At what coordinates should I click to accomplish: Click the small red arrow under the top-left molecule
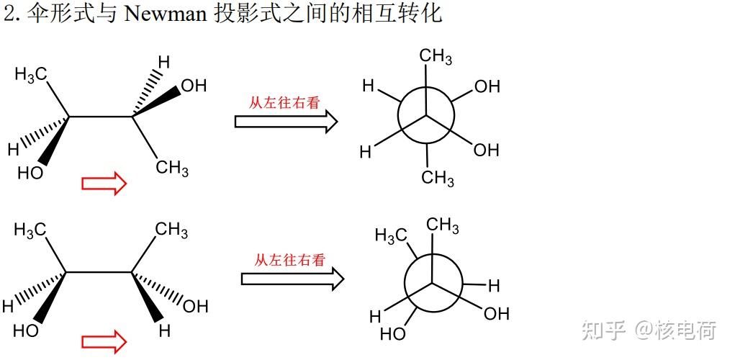[x=104, y=184]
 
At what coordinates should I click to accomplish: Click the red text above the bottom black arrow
[x=289, y=260]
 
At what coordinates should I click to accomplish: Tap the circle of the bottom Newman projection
[x=433, y=284]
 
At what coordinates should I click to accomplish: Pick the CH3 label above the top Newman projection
[x=436, y=57]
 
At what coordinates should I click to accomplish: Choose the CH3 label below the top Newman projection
[x=438, y=177]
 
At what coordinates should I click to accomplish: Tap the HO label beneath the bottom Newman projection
[x=393, y=334]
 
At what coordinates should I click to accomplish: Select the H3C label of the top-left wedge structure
[x=30, y=75]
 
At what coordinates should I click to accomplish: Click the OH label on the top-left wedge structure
[x=193, y=86]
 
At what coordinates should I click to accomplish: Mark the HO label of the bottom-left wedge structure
[x=26, y=331]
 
